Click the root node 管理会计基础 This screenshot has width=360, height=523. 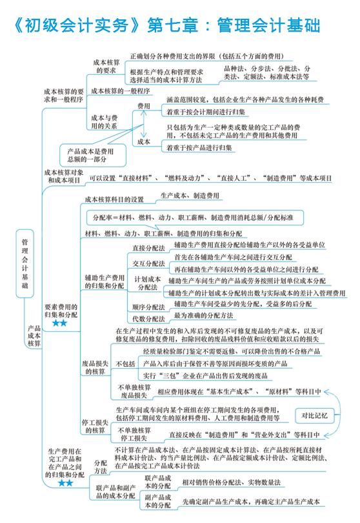click(x=25, y=263)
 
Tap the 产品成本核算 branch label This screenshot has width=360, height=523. click(x=34, y=336)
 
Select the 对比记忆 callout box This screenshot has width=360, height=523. click(x=314, y=416)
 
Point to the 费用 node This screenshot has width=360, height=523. click(x=144, y=106)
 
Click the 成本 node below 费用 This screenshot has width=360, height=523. click(x=144, y=141)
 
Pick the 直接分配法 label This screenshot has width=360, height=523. click(x=148, y=248)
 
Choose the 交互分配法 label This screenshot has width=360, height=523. click(x=148, y=263)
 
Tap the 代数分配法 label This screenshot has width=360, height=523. click(x=148, y=319)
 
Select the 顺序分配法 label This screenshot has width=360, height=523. click(x=148, y=307)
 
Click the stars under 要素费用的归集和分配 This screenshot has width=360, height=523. click(x=60, y=323)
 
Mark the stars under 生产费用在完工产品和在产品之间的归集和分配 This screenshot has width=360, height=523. click(x=65, y=483)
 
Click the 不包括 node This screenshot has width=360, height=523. click(x=125, y=364)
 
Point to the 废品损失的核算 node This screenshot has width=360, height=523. click(x=95, y=367)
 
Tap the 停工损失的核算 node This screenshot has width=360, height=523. click(x=95, y=426)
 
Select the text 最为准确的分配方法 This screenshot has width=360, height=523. click(x=204, y=315)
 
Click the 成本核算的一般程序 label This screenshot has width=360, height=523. click(x=121, y=91)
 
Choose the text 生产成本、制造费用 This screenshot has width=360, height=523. click(x=190, y=196)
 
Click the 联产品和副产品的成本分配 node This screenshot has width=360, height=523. click(x=115, y=491)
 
